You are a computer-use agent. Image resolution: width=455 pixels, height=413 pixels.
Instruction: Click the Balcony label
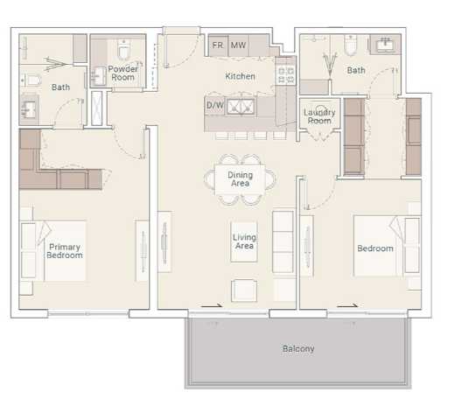298,349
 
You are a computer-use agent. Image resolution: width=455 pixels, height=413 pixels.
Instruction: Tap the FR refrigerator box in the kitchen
217,45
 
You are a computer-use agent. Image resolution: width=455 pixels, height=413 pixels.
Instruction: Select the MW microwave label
238,45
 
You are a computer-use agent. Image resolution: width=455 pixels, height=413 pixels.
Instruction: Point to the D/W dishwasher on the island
214,105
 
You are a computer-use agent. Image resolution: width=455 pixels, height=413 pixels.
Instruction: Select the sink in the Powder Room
99,77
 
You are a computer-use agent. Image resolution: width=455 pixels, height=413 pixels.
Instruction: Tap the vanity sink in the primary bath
29,110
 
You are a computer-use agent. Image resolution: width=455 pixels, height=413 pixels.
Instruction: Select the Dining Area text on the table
241,179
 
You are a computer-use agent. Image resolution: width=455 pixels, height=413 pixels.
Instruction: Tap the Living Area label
243,241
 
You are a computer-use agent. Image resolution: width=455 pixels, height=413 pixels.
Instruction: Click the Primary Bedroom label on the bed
65,251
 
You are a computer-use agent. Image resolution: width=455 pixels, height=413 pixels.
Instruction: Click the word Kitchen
240,76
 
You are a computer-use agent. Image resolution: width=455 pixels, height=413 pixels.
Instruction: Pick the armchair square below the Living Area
244,289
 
